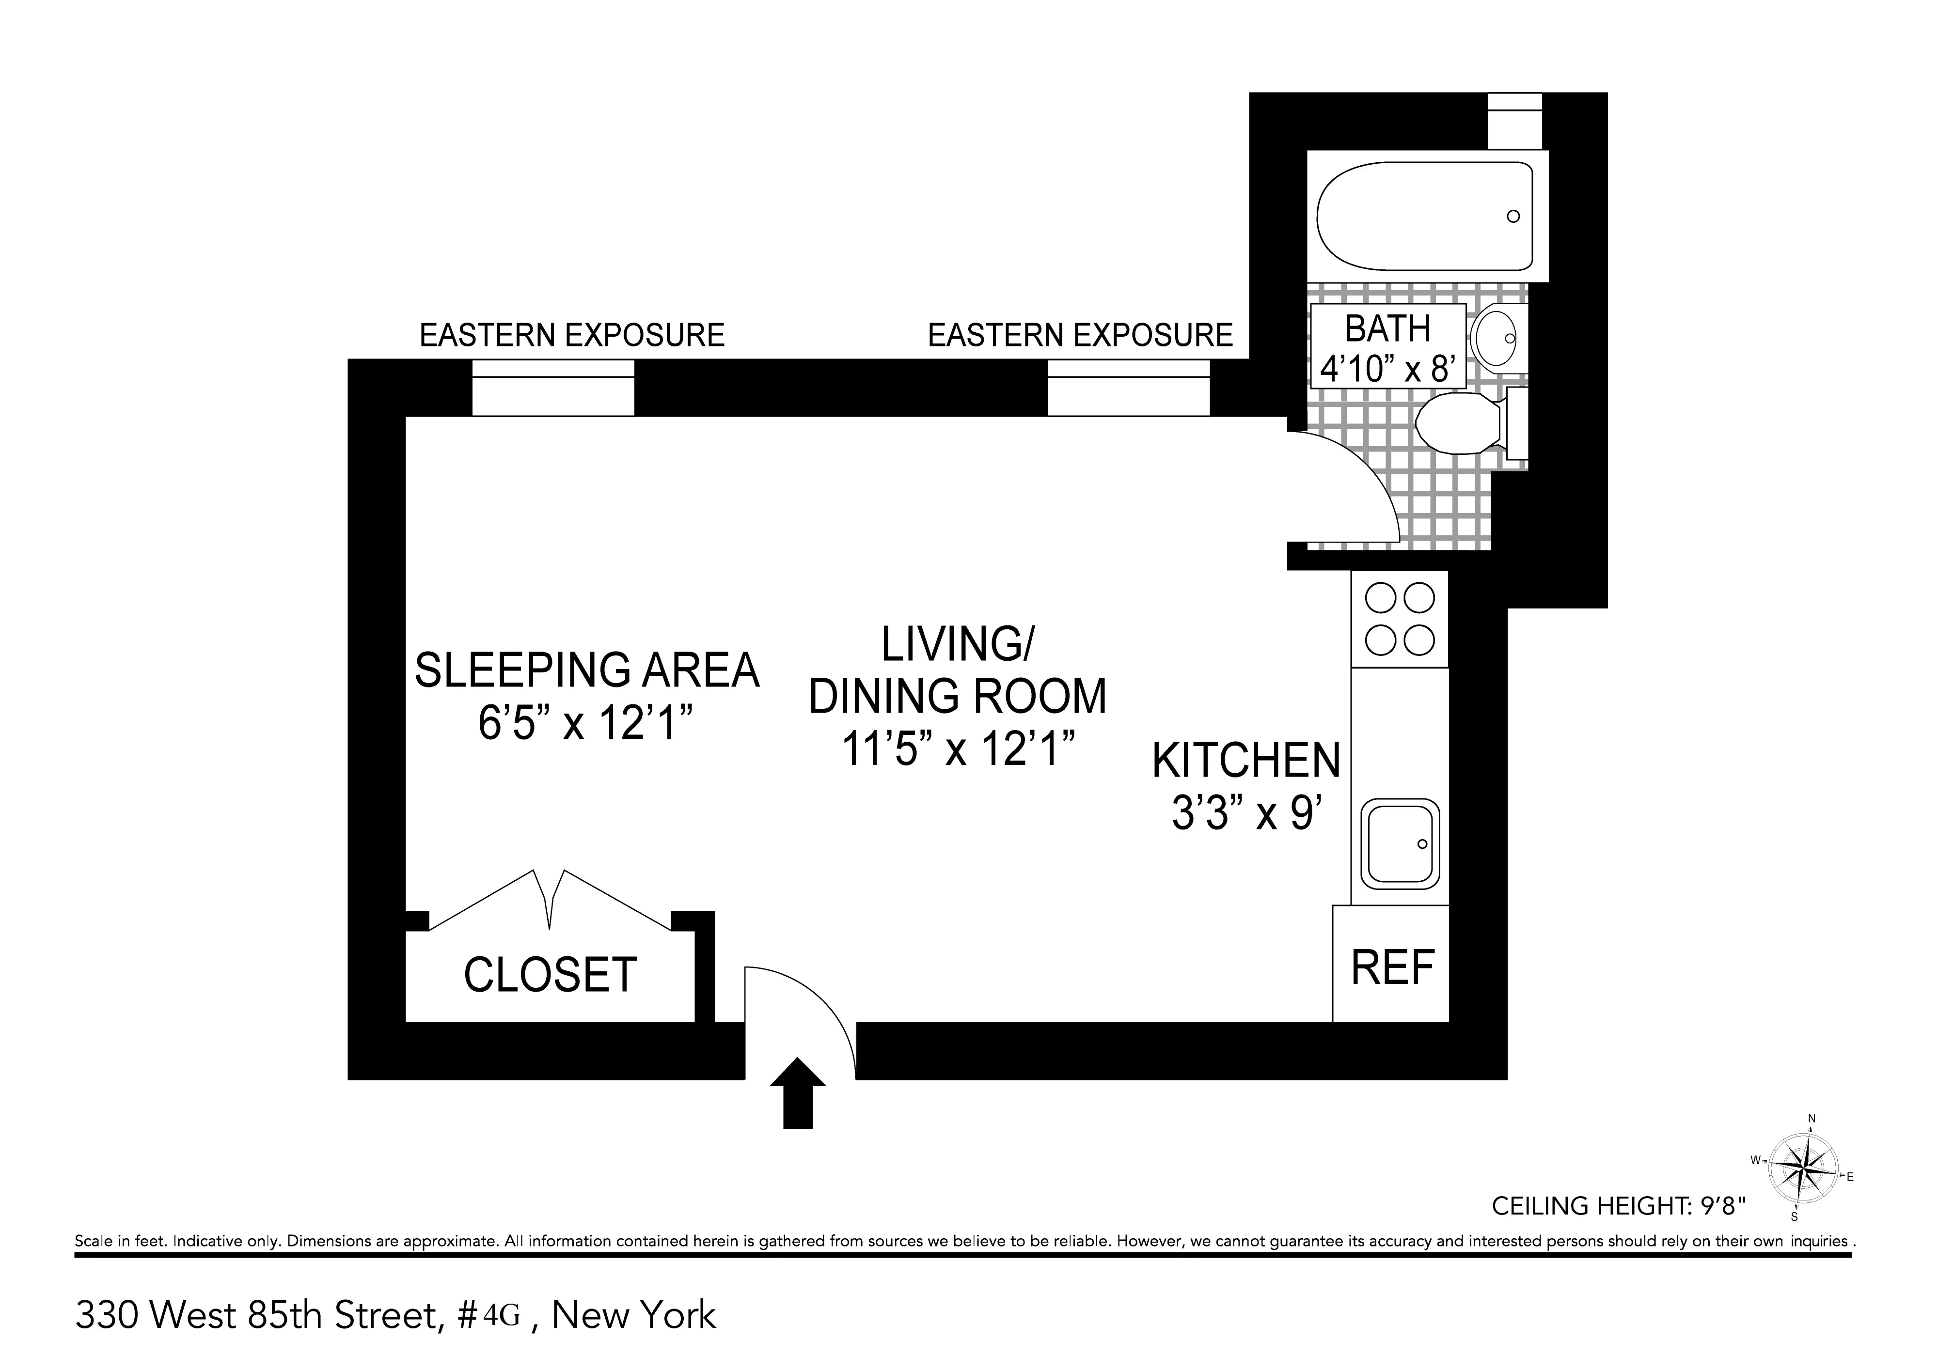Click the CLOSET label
pyautogui.click(x=549, y=975)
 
